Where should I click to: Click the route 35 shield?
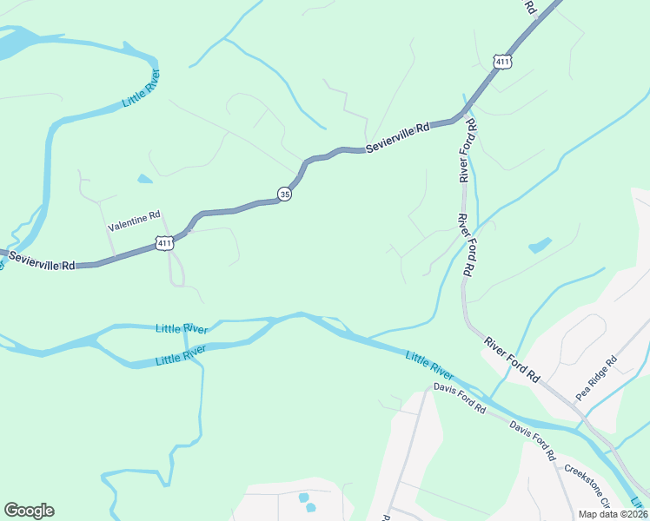click(285, 195)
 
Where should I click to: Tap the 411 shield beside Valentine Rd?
click(164, 244)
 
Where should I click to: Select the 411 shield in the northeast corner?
click(501, 61)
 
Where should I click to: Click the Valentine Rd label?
click(134, 227)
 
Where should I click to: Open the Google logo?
click(29, 511)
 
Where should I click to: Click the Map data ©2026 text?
click(613, 514)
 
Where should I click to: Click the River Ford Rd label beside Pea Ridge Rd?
click(513, 359)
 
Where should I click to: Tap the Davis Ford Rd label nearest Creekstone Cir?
click(532, 440)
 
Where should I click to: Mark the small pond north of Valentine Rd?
click(144, 179)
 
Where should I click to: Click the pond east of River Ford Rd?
click(540, 245)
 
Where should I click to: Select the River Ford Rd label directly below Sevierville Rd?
click(468, 152)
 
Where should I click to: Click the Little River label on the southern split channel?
click(181, 355)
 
